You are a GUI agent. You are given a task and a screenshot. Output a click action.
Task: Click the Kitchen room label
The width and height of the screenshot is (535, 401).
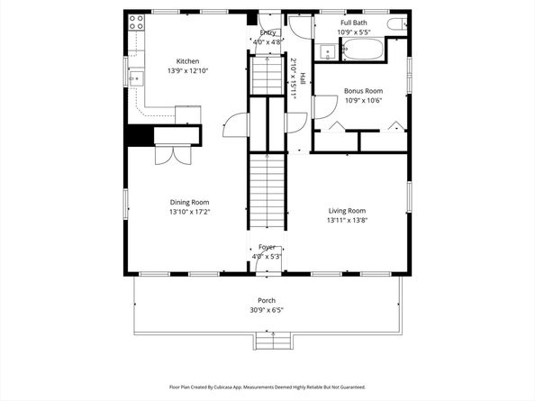[x=187, y=61]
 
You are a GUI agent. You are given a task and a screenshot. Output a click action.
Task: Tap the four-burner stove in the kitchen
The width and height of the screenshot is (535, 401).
[x=137, y=23]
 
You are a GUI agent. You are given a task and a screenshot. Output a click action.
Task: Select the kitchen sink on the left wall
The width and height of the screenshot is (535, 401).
[x=135, y=79]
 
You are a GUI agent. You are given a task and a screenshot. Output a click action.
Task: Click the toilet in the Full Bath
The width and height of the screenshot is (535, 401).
[x=395, y=23]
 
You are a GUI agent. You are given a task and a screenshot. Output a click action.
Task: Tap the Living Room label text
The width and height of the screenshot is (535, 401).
[x=347, y=210]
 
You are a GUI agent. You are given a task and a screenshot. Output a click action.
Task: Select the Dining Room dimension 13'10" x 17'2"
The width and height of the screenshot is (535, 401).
[x=189, y=213]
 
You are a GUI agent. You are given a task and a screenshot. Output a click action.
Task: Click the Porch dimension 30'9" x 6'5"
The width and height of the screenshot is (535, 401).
[x=267, y=311]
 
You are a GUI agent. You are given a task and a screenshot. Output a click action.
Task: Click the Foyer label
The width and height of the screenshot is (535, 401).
[x=267, y=247]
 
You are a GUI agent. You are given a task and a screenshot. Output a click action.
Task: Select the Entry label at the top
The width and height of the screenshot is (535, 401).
[x=267, y=32]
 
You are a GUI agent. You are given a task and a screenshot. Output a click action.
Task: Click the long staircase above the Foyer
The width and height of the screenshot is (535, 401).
[x=267, y=191]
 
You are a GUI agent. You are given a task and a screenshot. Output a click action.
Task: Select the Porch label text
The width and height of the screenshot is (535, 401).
[x=267, y=301]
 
